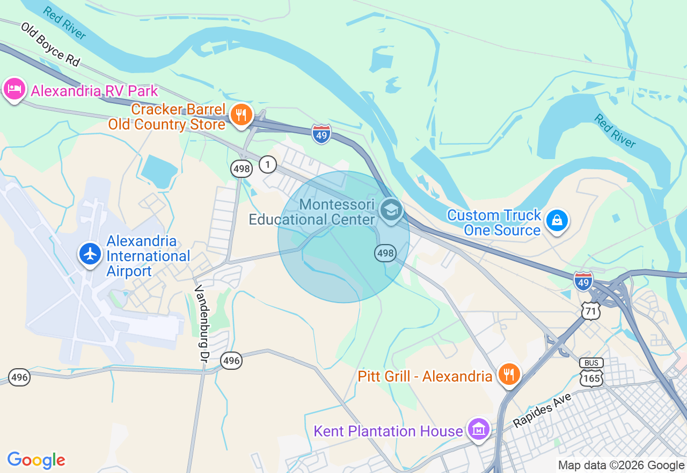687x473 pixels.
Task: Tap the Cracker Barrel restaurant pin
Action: point(242,115)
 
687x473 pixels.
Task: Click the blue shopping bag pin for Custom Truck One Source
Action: point(557,220)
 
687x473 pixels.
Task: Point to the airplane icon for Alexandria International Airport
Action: point(90,254)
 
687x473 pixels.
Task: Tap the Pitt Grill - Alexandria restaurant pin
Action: point(508,374)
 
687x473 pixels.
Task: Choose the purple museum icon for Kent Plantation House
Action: point(478,429)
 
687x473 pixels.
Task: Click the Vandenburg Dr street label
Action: point(201,323)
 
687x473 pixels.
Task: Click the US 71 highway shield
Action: point(590,310)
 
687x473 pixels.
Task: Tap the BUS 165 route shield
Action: point(591,372)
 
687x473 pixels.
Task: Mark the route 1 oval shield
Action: point(268,164)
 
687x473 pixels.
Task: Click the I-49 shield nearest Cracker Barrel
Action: point(321,134)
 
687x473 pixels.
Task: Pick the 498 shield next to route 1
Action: point(242,169)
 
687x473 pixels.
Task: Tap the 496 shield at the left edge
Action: point(19,377)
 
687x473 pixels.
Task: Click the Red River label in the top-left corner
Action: point(64,24)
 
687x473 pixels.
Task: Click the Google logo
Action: point(36,460)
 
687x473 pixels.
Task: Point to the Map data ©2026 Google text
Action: point(621,465)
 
